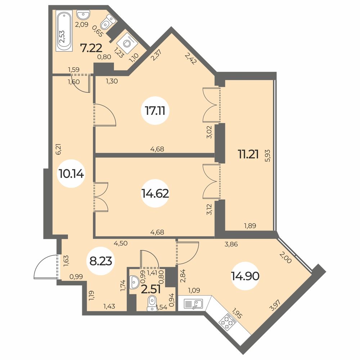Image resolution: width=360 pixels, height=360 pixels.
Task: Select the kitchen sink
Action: point(193,304)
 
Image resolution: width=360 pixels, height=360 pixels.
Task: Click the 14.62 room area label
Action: point(155,194)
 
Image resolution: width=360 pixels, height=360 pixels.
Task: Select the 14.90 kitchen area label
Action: point(245,276)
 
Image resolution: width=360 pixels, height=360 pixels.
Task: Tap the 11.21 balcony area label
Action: point(248,154)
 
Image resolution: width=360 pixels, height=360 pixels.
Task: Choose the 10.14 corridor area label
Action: point(71,174)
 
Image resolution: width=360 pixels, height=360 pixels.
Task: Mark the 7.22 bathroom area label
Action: point(91,48)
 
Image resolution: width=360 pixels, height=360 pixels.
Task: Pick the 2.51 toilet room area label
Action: point(151,290)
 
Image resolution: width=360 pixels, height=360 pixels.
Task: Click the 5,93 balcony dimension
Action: point(267,156)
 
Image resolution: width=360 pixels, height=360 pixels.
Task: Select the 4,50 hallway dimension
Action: point(121,243)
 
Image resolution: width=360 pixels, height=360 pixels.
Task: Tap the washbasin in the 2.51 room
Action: point(133,282)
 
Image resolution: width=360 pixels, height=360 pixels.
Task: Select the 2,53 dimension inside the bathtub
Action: point(62,37)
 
